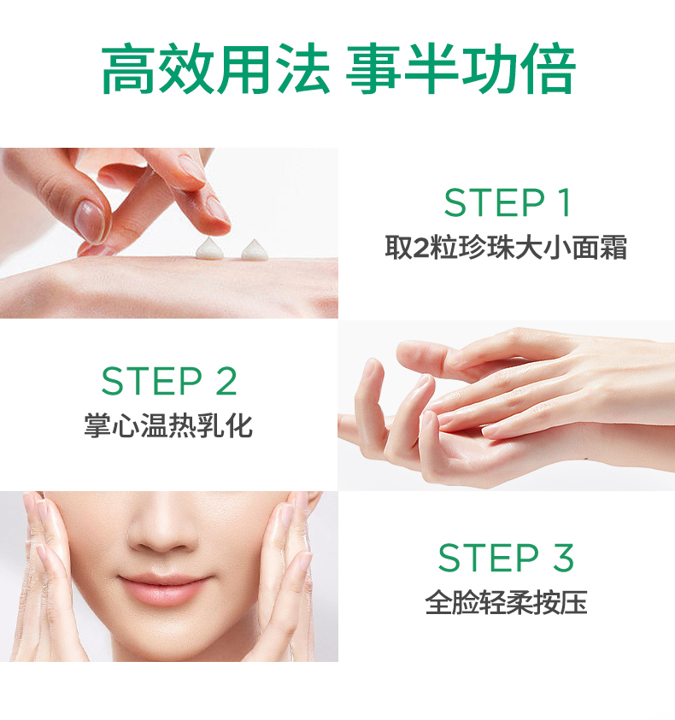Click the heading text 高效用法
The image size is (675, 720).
coord(215,69)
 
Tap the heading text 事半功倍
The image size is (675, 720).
coord(461,69)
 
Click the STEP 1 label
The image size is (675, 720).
coord(508,202)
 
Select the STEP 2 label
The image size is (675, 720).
coord(169,381)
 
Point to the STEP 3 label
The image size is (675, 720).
coord(506,558)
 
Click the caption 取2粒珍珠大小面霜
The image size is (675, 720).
coord(506,248)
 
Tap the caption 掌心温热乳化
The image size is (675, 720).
coord(168,425)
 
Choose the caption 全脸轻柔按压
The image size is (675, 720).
coord(506,602)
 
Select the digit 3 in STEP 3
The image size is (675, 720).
coord(563,558)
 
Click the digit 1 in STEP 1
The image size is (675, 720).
coord(566,202)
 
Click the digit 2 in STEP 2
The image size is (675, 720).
coord(226,381)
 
